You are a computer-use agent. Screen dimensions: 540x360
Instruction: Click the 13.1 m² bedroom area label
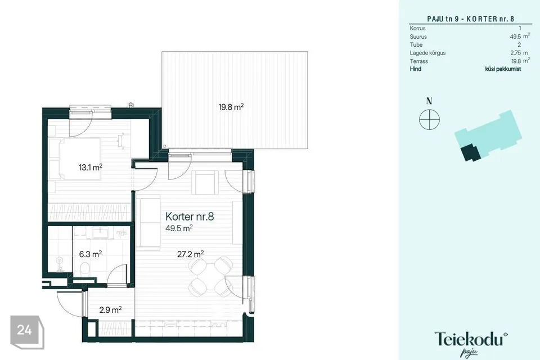(90, 168)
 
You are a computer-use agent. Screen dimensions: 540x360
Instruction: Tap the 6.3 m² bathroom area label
(90, 254)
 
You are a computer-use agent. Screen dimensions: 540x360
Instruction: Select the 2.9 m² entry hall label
(110, 310)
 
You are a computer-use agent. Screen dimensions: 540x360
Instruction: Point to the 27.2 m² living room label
(191, 254)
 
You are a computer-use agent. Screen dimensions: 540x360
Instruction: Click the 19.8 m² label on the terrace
(231, 107)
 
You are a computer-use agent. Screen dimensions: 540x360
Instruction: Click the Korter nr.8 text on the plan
(190, 217)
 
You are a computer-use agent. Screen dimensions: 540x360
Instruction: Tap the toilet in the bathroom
(85, 269)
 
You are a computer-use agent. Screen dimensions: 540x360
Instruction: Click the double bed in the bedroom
(80, 159)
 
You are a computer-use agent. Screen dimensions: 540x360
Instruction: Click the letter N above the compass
(429, 101)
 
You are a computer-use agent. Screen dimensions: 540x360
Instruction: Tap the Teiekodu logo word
(471, 339)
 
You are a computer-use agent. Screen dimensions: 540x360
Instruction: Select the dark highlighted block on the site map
(471, 153)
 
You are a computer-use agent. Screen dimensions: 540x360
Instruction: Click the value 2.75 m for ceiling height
(519, 53)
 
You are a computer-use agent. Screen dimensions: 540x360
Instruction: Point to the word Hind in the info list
(415, 69)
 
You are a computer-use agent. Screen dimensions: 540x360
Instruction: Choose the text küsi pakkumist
(503, 69)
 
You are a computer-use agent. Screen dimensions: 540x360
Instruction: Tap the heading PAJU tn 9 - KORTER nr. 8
(470, 19)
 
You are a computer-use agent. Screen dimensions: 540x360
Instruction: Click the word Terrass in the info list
(418, 61)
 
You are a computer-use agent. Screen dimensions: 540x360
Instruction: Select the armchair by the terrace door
(206, 182)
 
